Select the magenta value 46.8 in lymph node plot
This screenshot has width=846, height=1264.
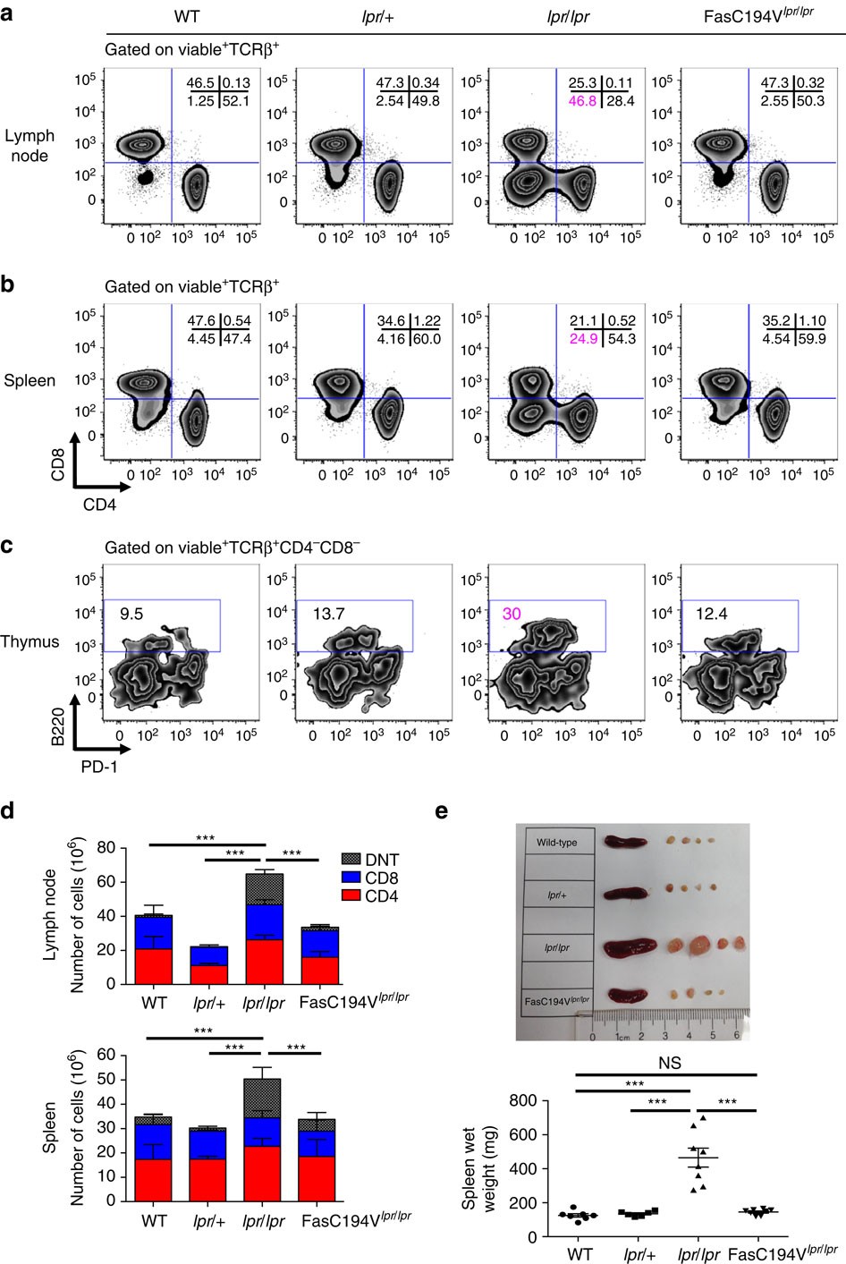pyautogui.click(x=582, y=101)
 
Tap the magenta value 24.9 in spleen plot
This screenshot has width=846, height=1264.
pyautogui.click(x=582, y=339)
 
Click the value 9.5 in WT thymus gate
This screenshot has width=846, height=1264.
pyautogui.click(x=131, y=615)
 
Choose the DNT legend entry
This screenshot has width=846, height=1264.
pyautogui.click(x=382, y=860)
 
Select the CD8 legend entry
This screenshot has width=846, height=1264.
pyautogui.click(x=381, y=878)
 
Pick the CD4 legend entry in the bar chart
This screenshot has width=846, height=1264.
pyautogui.click(x=381, y=895)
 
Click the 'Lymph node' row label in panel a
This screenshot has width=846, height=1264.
pyautogui.click(x=30, y=146)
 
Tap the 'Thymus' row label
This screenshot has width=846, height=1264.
pyautogui.click(x=30, y=641)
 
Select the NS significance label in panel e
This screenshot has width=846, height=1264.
pyautogui.click(x=669, y=1063)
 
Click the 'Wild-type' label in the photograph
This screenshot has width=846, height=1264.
pyautogui.click(x=556, y=843)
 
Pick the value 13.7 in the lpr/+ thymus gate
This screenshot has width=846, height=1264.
pyautogui.click(x=327, y=615)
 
